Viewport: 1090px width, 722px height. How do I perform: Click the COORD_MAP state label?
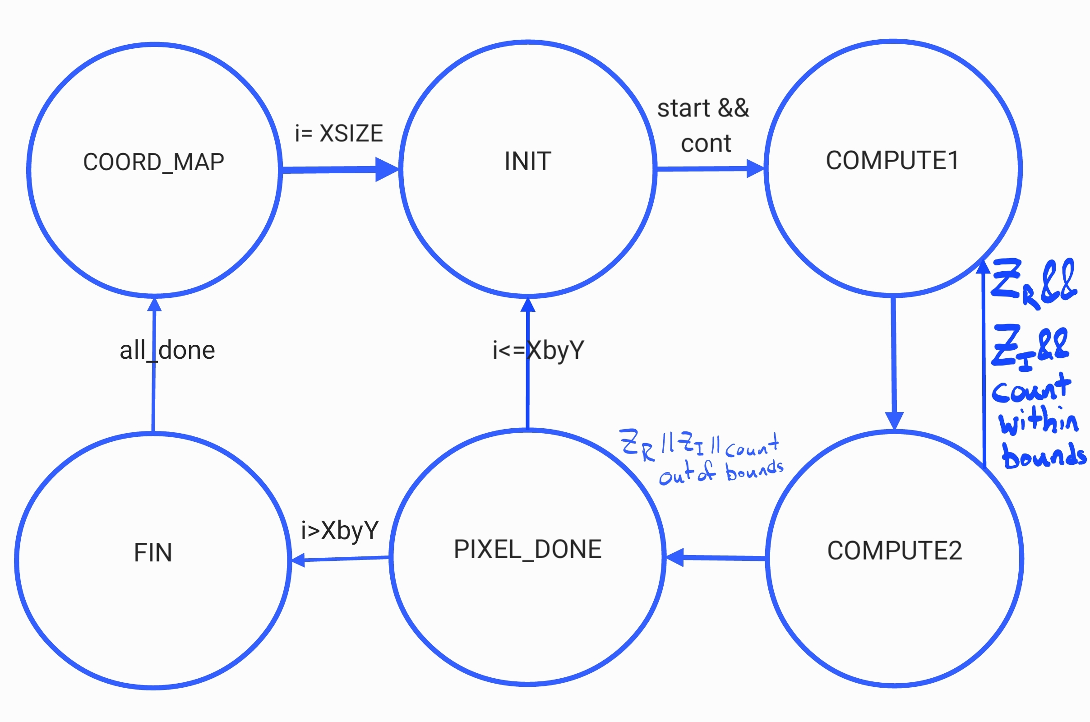[154, 162]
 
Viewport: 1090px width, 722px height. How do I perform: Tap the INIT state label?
[528, 161]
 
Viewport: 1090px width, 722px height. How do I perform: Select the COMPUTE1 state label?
[892, 160]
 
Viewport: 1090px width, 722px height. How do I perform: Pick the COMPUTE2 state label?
[895, 550]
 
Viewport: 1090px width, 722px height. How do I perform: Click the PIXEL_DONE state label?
[528, 549]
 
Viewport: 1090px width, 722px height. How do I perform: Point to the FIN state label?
[153, 552]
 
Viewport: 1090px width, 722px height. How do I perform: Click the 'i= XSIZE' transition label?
[339, 133]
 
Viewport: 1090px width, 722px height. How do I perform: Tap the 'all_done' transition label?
[167, 350]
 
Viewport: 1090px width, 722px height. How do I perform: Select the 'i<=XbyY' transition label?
[539, 351]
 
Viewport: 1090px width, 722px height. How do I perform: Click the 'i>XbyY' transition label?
[340, 531]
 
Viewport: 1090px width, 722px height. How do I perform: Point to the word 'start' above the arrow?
[684, 109]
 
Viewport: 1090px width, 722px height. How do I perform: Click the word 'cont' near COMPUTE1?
[706, 143]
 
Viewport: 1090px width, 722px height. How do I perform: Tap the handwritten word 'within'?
[1039, 421]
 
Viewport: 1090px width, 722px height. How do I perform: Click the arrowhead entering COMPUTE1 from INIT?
[755, 168]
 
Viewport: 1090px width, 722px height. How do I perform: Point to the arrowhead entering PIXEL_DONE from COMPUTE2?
[675, 557]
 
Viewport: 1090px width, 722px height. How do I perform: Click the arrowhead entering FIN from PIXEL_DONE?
[298, 560]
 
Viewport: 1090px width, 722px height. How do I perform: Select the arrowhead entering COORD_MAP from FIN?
[154, 305]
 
